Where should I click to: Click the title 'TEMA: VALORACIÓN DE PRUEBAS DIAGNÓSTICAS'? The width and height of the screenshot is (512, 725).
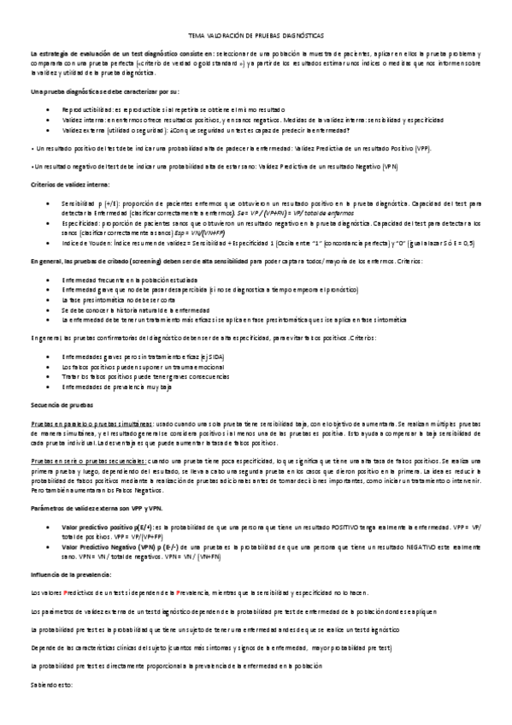pyautogui.click(x=256, y=36)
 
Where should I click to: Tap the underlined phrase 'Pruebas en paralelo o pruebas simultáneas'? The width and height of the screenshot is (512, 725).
pyautogui.click(x=91, y=422)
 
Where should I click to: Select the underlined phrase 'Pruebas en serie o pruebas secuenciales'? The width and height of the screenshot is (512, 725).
pyautogui.click(x=88, y=461)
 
